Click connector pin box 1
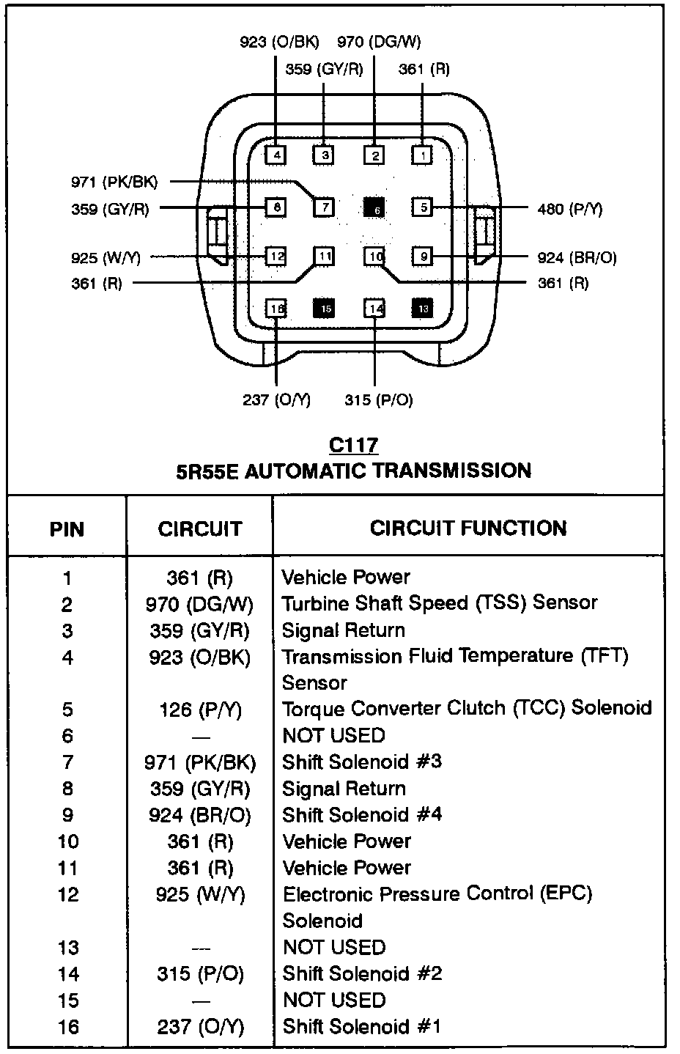click(422, 155)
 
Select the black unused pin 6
click(374, 208)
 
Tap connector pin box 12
click(276, 257)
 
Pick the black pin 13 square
click(422, 309)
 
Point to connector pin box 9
click(423, 257)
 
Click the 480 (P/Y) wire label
click(569, 209)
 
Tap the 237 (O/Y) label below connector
click(276, 399)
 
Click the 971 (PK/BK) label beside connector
click(114, 182)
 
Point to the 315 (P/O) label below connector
click(379, 399)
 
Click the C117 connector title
click(353, 445)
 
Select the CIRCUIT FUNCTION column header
click(467, 528)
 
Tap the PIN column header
click(67, 529)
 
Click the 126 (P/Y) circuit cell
click(200, 710)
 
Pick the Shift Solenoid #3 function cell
click(362, 762)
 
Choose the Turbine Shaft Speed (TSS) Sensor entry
click(440, 603)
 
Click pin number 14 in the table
click(67, 974)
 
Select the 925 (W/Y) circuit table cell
click(200, 894)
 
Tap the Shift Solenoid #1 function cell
click(362, 1026)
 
